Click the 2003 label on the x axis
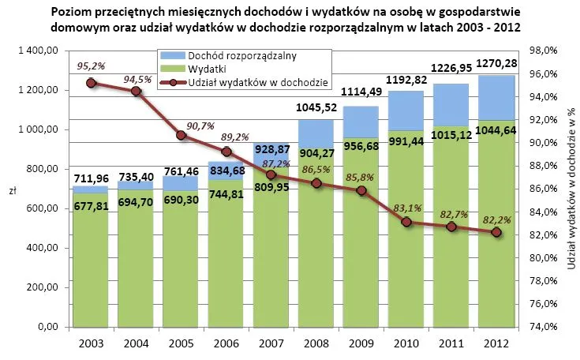(x=91, y=343)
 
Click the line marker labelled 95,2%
(x=91, y=82)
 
